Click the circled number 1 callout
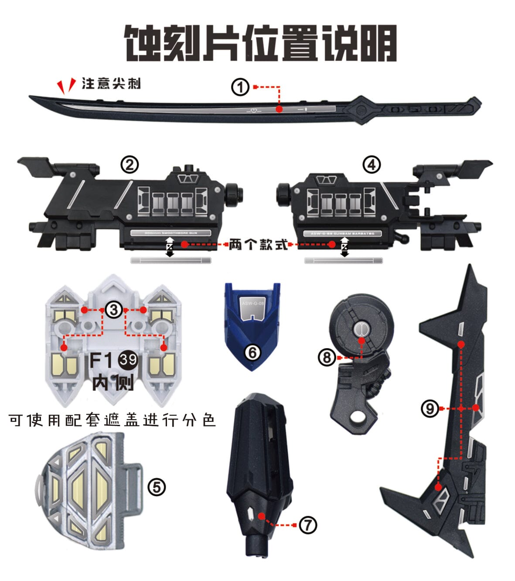coord(240,87)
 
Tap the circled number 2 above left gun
coord(130,165)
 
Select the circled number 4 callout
coord(371,165)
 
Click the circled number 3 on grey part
coord(114,310)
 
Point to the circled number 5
coord(157,487)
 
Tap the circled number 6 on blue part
coord(252,352)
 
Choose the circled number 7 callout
coord(308,525)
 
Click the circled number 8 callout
coord(327,358)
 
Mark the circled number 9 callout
coord(430,409)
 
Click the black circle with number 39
coord(128,360)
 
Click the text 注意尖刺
coord(111,83)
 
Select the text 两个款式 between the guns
coord(258,245)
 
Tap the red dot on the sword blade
coord(279,109)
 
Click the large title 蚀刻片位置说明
coord(260,43)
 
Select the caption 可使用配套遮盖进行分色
coord(112,420)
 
